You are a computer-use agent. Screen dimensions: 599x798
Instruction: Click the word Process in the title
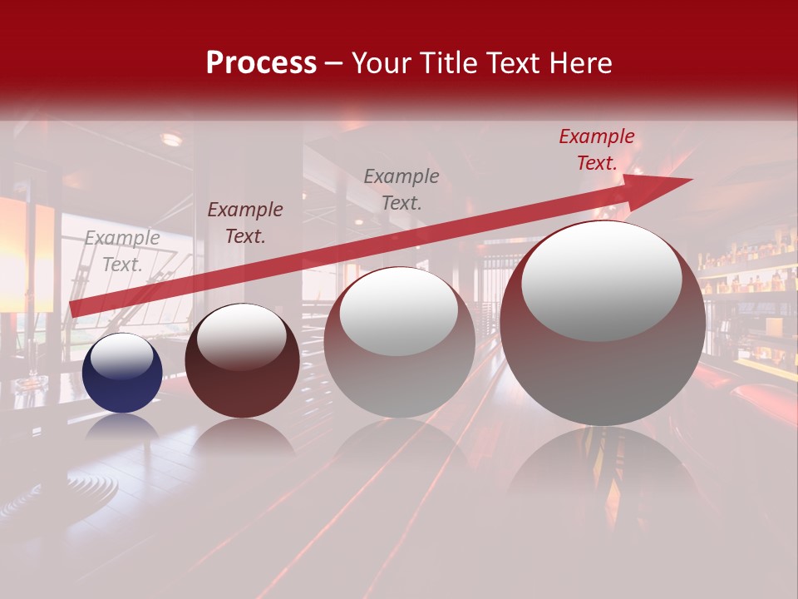[x=261, y=63]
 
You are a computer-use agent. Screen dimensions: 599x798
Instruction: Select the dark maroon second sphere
[x=242, y=366]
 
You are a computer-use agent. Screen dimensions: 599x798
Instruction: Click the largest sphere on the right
[x=603, y=333]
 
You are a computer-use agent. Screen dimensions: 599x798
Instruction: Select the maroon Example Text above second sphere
[x=245, y=223]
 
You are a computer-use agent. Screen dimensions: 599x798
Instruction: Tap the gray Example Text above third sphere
[x=401, y=189]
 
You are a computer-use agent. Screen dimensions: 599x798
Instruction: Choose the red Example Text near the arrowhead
[x=597, y=150]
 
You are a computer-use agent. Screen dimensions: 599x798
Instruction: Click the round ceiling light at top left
[x=171, y=139]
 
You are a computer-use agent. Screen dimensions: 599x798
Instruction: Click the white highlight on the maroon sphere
[x=241, y=338]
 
